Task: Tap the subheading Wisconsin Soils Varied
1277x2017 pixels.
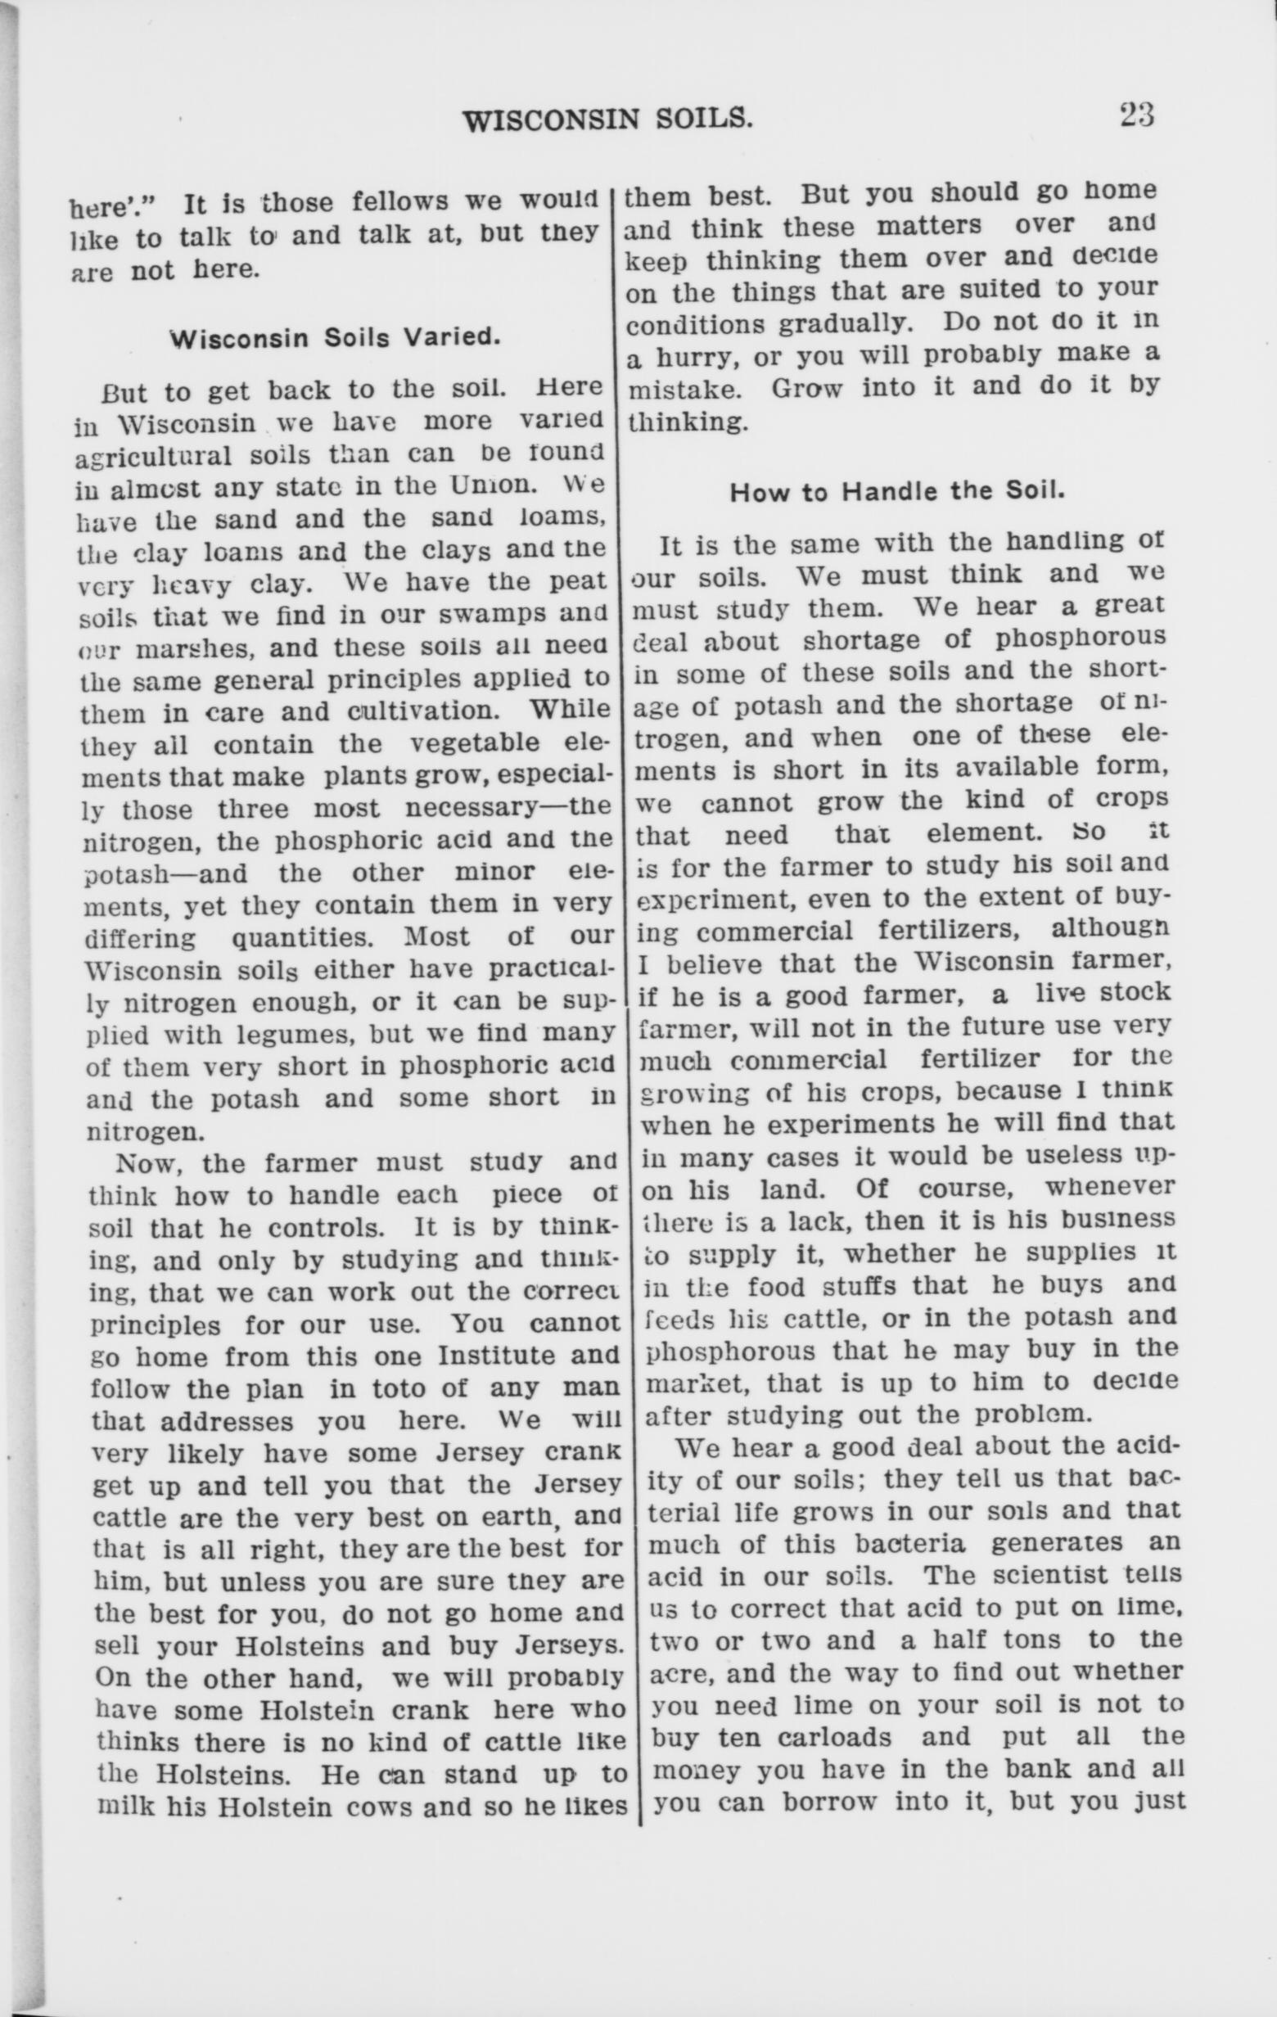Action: tap(335, 338)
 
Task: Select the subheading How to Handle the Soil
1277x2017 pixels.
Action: tap(898, 492)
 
